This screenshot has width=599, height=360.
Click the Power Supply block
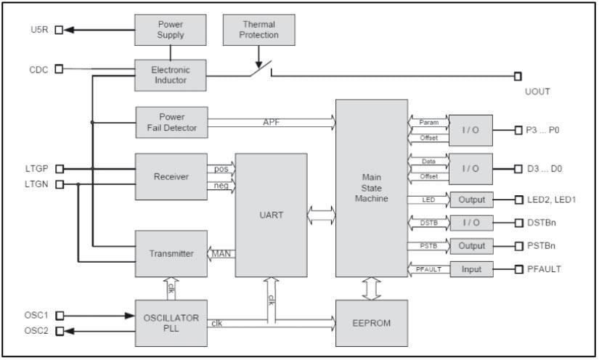(x=171, y=30)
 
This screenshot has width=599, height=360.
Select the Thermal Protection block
(x=259, y=30)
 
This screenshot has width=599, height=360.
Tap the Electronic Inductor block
(x=171, y=75)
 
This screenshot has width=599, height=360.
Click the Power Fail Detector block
(x=171, y=123)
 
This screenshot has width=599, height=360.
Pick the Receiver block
(x=171, y=176)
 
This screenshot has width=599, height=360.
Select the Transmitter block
(x=171, y=253)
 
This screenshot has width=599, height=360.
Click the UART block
(x=270, y=216)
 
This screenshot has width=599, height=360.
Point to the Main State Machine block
(x=371, y=188)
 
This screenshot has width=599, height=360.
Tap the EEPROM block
(x=371, y=322)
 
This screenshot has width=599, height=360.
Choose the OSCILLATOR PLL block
(x=171, y=322)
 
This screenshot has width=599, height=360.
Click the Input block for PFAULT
(x=470, y=269)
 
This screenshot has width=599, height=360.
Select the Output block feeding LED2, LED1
(x=470, y=200)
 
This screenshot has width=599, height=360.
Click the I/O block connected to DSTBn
(x=470, y=223)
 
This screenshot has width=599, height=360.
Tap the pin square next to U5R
(x=60, y=30)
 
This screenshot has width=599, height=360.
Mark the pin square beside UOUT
(x=518, y=76)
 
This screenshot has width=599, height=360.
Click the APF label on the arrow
(x=271, y=123)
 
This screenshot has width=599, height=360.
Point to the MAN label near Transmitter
(x=221, y=254)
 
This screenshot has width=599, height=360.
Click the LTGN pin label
(x=36, y=184)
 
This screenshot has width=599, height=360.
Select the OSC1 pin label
(x=36, y=316)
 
